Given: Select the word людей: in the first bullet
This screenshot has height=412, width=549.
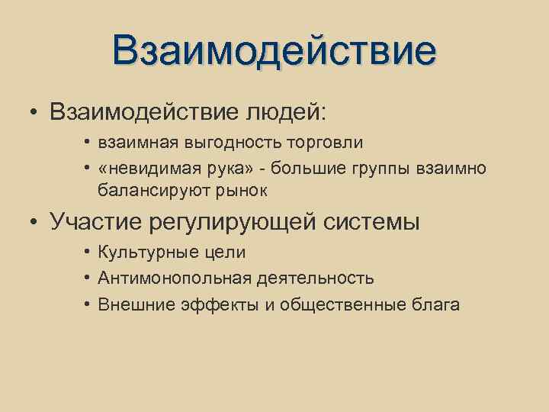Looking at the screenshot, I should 285,112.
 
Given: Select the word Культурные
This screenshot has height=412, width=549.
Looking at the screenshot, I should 144,253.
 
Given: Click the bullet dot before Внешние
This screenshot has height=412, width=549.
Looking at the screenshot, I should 88,304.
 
